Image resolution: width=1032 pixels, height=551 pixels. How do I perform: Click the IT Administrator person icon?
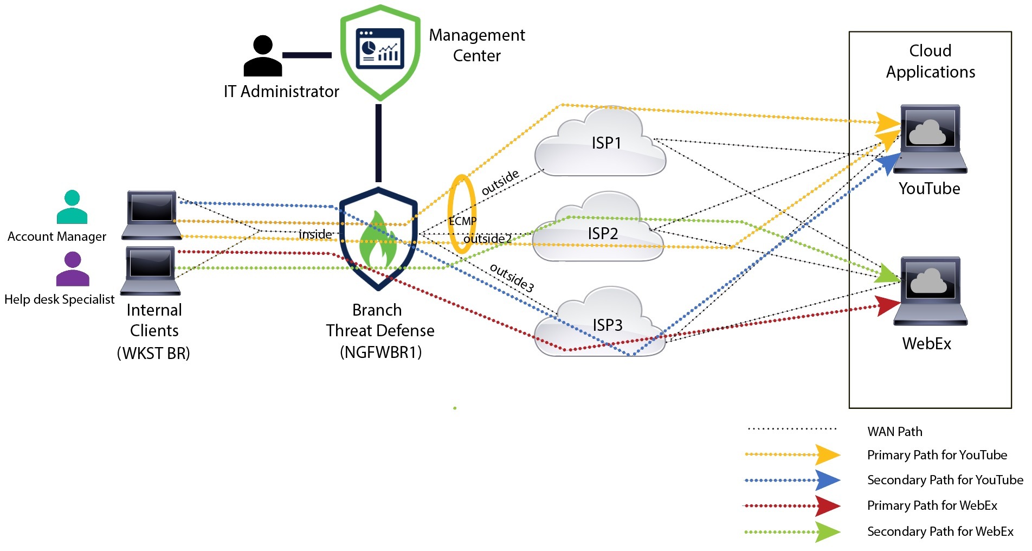pos(262,56)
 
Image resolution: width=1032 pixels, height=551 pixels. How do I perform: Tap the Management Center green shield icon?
pos(380,52)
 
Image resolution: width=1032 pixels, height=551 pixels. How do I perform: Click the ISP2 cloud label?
pos(603,234)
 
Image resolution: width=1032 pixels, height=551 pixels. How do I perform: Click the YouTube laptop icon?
pos(930,139)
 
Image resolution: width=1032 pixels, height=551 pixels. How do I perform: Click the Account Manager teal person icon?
pos(72,207)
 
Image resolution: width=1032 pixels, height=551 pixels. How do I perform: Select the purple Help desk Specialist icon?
pos(73,269)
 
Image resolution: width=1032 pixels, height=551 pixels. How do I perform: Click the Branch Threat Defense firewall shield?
pos(378,239)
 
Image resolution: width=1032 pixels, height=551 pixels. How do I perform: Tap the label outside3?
pos(512,278)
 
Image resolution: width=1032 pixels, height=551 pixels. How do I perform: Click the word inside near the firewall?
pos(315,234)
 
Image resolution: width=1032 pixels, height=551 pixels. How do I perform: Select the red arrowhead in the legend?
pos(828,506)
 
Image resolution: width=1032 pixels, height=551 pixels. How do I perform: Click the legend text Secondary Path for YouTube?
pos(945,480)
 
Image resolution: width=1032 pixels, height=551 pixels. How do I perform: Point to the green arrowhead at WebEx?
pos(887,273)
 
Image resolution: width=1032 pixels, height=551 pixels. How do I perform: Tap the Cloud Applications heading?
pos(930,61)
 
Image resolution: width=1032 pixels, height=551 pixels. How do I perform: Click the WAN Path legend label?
pos(894,432)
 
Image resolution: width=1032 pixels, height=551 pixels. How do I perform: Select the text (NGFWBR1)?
pos(380,353)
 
